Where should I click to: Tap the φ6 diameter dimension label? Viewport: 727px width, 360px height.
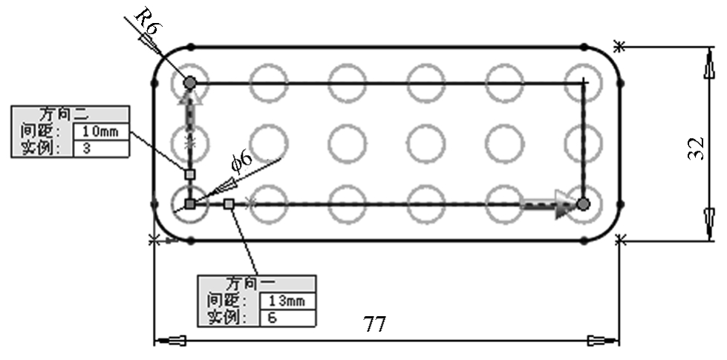(x=242, y=161)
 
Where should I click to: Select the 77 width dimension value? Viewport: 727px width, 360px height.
(x=374, y=324)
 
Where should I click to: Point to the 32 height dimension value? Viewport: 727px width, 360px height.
(x=697, y=148)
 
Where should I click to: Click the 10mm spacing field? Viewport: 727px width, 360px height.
(x=101, y=131)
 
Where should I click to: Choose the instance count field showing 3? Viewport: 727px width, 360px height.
(x=101, y=148)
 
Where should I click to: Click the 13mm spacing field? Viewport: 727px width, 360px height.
(x=288, y=301)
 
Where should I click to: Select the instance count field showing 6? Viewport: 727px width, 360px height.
(x=288, y=318)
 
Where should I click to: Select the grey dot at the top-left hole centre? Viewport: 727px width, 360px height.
(x=189, y=83)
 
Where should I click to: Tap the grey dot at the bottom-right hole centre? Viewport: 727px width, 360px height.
(x=584, y=204)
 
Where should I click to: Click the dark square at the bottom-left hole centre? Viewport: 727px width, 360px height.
(x=189, y=204)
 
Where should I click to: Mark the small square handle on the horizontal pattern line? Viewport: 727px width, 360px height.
(x=229, y=204)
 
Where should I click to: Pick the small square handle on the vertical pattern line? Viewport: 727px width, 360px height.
(x=190, y=174)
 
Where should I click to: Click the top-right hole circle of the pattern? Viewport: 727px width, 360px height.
(x=602, y=83)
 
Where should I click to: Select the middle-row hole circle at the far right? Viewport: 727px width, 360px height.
(x=602, y=144)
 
